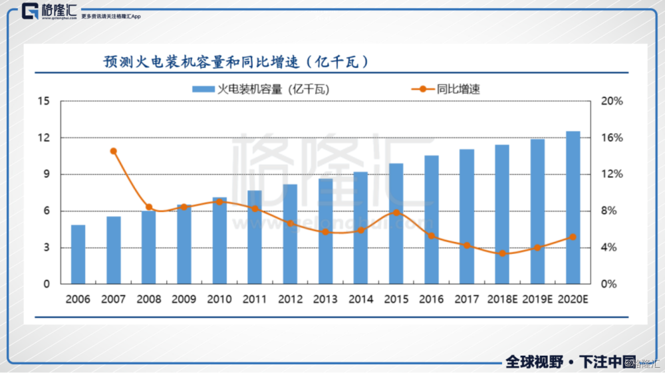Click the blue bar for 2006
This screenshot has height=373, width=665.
pos(78,255)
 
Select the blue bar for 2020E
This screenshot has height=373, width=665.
pos(573,207)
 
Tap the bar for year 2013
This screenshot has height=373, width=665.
pos(326,231)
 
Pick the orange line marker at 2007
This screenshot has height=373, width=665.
pos(114,151)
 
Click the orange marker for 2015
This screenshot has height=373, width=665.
pos(396,213)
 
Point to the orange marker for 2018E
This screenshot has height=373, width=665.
pos(503,253)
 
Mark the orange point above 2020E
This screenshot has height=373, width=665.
pos(573,237)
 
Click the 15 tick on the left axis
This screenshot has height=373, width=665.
pos(45,101)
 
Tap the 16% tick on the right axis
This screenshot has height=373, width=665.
pos(611,138)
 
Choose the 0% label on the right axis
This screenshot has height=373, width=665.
pos(611,284)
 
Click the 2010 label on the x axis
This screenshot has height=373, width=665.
pos(219,299)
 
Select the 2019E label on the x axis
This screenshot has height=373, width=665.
pos(538,299)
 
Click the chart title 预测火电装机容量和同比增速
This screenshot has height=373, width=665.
pos(237,62)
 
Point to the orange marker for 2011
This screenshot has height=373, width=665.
pos(255,209)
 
